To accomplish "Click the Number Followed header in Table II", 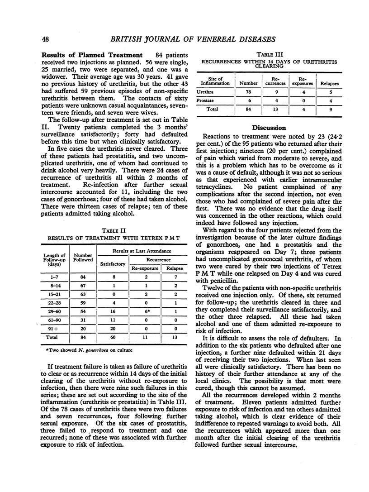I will tap(83, 257).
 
